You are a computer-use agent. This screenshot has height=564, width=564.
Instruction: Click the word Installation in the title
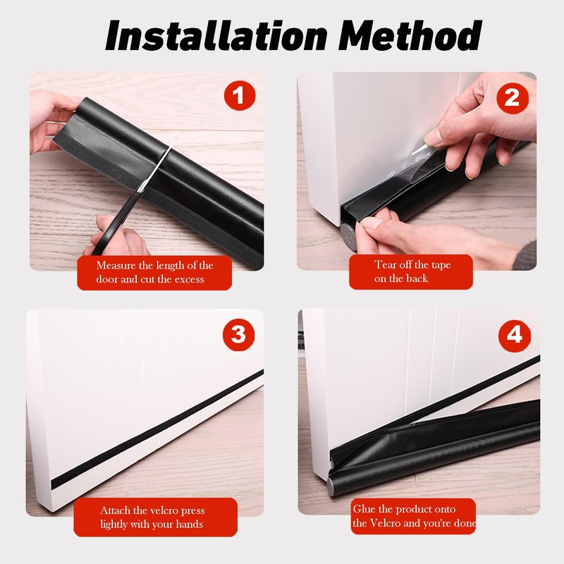pos(216,35)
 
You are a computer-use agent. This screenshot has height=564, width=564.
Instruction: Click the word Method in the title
pos(410,35)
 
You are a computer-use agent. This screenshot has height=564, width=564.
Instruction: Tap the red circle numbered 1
pos(240,95)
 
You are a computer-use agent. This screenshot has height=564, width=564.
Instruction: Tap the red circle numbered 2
pos(513,98)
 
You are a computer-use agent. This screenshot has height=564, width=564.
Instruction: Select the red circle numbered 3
pos(238,334)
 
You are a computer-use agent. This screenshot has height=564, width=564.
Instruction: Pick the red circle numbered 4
pos(515,336)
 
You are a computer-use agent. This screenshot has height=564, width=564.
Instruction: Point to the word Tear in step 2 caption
pos(385,265)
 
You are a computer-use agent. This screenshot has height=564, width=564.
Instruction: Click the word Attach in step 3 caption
pos(115,510)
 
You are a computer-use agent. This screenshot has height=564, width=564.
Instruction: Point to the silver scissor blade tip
pos(176,138)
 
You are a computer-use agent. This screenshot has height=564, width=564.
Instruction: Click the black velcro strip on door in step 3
pos(157,429)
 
